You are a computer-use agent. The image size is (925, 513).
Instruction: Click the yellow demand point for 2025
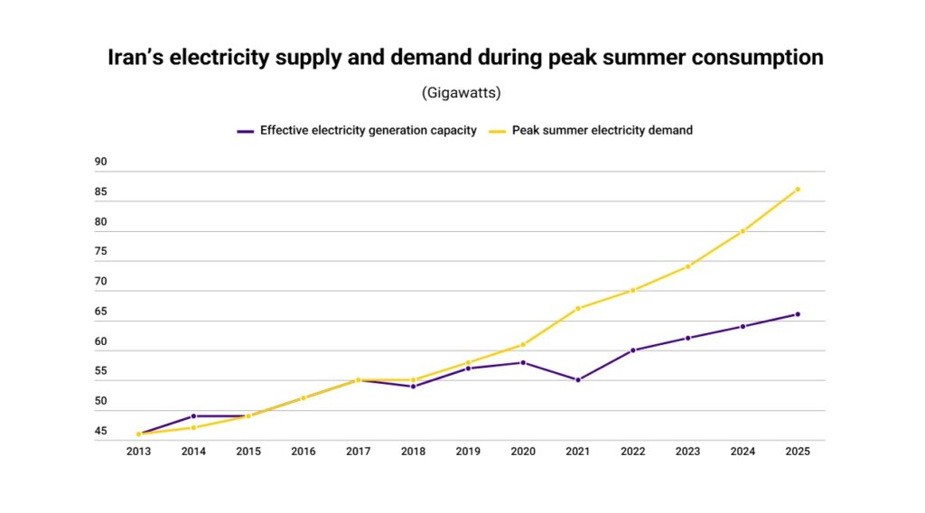798,189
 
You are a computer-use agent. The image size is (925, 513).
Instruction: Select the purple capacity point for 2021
578,380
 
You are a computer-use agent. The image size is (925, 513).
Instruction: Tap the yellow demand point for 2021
578,308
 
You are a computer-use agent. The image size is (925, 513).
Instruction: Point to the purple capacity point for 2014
193,416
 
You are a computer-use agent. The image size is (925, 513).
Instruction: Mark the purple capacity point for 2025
798,314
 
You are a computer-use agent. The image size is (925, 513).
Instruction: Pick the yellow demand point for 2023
688,266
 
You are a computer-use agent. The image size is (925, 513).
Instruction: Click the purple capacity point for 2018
414,387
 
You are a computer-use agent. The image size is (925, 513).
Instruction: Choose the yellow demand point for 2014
193,427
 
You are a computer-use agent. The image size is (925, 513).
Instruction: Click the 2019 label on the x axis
468,452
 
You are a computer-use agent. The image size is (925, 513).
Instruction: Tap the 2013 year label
138,452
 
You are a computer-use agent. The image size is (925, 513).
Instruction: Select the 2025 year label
798,452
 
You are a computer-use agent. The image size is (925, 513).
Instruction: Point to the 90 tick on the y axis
101,163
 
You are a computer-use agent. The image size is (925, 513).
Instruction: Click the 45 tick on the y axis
101,431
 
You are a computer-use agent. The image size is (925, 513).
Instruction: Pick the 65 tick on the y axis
101,312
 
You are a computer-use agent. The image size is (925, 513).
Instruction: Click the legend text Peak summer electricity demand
603,130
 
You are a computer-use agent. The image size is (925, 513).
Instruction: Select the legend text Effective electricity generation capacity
369,130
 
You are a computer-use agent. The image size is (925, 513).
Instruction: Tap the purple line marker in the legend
245,131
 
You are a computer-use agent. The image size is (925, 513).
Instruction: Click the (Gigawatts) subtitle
462,93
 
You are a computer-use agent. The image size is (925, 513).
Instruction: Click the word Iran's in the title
138,58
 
